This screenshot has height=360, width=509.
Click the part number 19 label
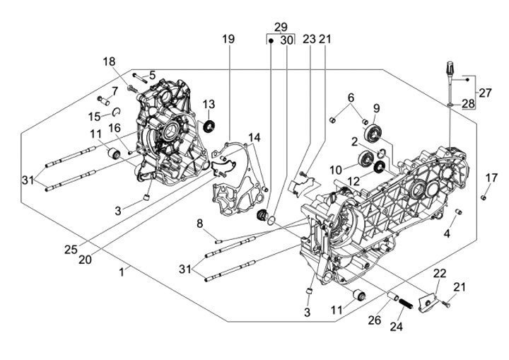click(226, 39)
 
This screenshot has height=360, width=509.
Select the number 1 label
click(123, 271)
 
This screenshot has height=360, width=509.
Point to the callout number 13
click(209, 104)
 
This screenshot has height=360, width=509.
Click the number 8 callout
click(201, 223)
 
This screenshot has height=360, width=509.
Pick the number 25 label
click(70, 248)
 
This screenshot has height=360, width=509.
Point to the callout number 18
click(109, 62)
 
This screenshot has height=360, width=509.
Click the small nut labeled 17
click(483, 197)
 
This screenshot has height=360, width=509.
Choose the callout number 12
click(353, 182)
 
